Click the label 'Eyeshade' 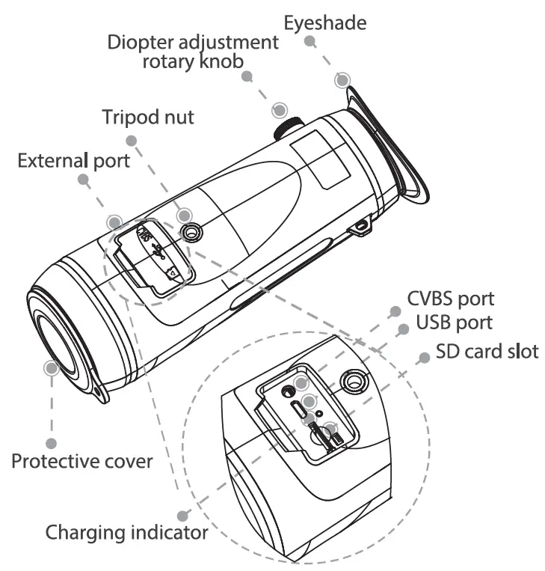325,22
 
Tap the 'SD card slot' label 487,351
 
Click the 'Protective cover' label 81,460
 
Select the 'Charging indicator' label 126,533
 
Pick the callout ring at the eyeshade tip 342,81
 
